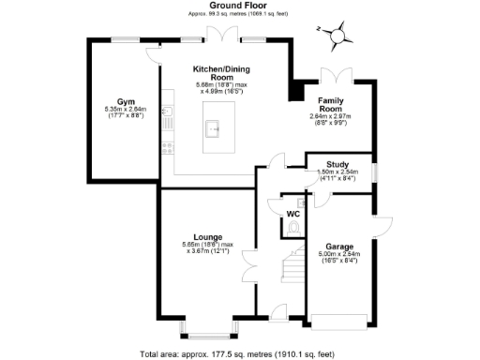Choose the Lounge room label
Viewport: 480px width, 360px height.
207,236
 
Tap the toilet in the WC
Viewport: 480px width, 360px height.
293,227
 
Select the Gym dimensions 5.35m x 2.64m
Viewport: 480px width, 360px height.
125,112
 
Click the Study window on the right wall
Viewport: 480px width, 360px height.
374,172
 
